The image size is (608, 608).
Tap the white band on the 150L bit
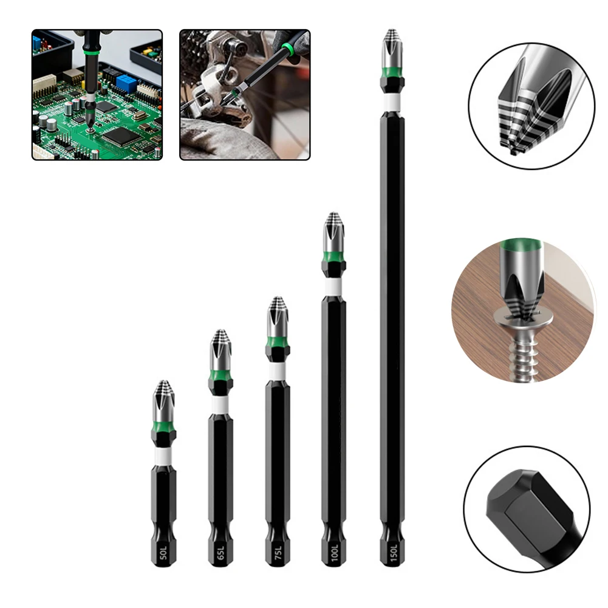point(392,102)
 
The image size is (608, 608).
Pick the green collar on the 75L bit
point(277,349)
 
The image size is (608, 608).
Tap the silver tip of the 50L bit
point(163,401)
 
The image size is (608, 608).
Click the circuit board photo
point(97,95)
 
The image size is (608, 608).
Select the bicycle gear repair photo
point(244,95)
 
